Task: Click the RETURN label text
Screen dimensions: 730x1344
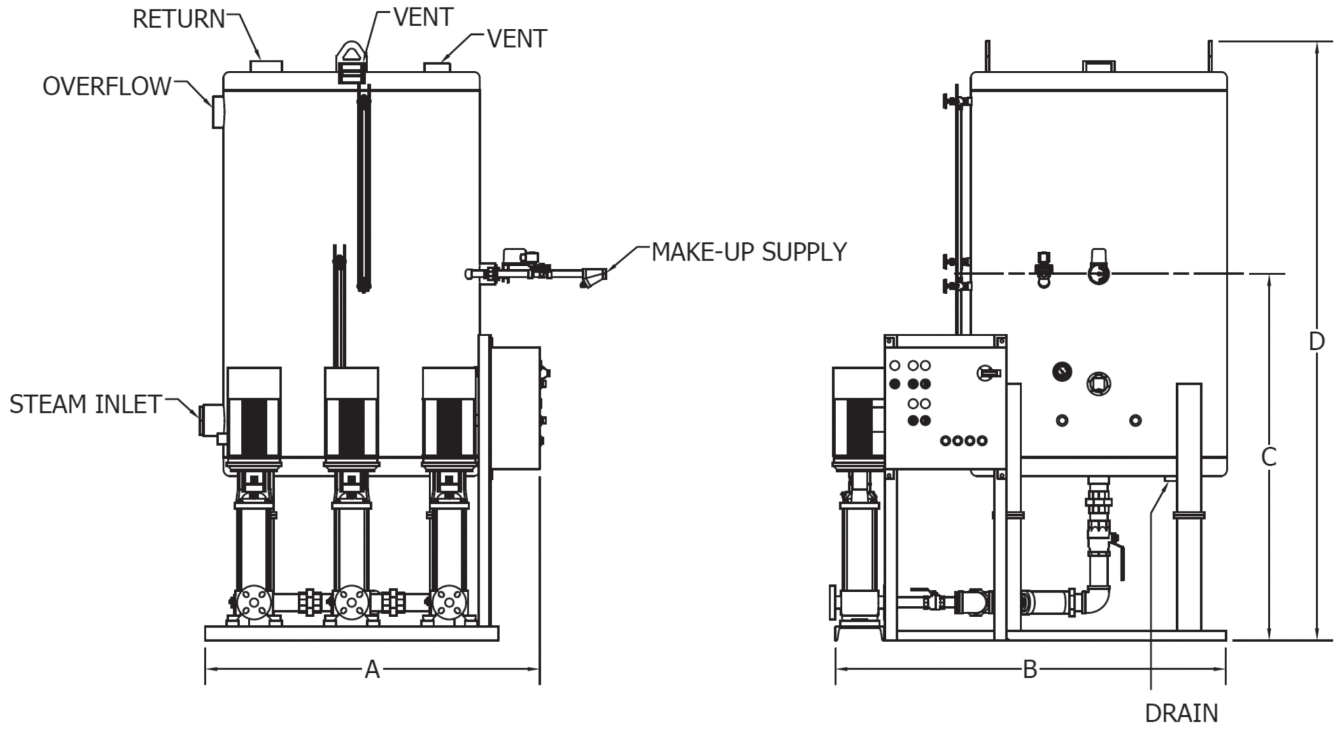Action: point(178,20)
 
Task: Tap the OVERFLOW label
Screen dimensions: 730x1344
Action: point(106,87)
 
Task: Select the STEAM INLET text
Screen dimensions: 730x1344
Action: point(85,404)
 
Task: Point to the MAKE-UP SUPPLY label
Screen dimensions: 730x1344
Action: point(749,252)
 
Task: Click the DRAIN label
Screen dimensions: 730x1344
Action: point(1181,713)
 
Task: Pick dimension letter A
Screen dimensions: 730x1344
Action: point(372,670)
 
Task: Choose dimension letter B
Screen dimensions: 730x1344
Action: point(1030,670)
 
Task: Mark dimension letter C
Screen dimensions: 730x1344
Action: point(1269,457)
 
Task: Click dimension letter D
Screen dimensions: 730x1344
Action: point(1316,341)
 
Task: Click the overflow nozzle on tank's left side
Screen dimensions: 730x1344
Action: point(217,110)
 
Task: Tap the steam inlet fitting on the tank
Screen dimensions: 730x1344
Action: point(211,420)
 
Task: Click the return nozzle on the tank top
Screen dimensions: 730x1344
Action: point(266,66)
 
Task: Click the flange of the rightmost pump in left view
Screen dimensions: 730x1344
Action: point(450,602)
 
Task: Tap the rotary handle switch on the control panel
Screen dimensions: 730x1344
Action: point(988,373)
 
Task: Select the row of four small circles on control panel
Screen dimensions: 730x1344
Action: point(963,440)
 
